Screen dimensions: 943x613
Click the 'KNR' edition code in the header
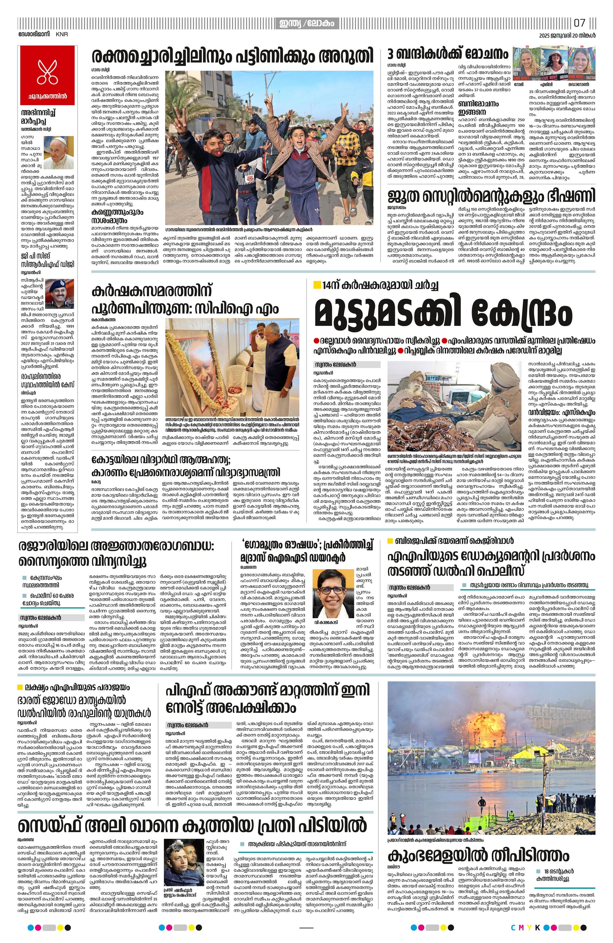tap(61, 34)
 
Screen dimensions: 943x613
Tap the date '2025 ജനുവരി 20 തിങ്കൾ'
tap(567, 35)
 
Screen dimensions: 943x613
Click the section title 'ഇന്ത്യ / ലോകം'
tap(306, 23)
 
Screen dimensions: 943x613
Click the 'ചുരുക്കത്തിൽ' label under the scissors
tap(47, 96)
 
